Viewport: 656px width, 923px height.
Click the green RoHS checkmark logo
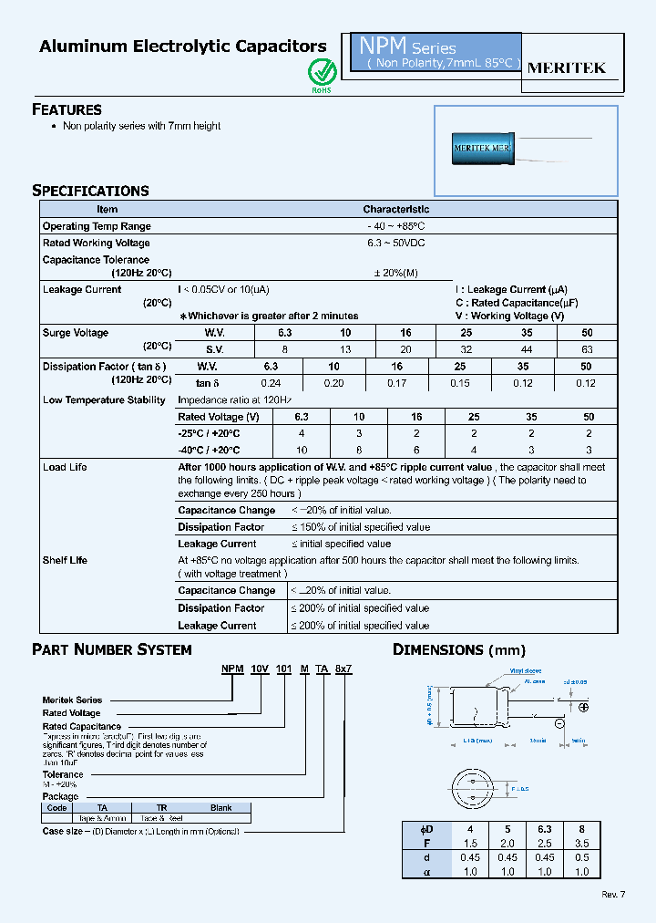click(x=322, y=71)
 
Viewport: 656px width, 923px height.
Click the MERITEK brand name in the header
click(x=567, y=68)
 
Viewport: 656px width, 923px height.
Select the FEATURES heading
click(x=67, y=109)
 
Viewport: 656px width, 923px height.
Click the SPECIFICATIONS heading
click(x=90, y=191)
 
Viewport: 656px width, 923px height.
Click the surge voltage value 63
click(x=587, y=349)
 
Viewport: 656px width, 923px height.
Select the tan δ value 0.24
click(x=271, y=383)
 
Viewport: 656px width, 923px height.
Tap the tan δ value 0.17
click(x=396, y=383)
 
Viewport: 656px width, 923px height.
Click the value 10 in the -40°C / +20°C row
click(x=302, y=451)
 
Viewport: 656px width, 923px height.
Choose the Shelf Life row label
click(x=65, y=560)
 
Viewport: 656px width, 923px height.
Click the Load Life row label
click(x=65, y=467)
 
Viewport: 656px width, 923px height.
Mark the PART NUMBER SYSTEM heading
click(x=112, y=650)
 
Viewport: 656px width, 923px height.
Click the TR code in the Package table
click(x=161, y=807)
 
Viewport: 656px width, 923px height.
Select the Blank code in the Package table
click(x=220, y=807)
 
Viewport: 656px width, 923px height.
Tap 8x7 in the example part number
click(x=343, y=669)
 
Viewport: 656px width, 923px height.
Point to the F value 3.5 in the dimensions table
click(x=581, y=844)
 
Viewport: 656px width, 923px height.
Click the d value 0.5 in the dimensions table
click(x=581, y=857)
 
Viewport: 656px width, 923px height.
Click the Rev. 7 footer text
click(x=613, y=894)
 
